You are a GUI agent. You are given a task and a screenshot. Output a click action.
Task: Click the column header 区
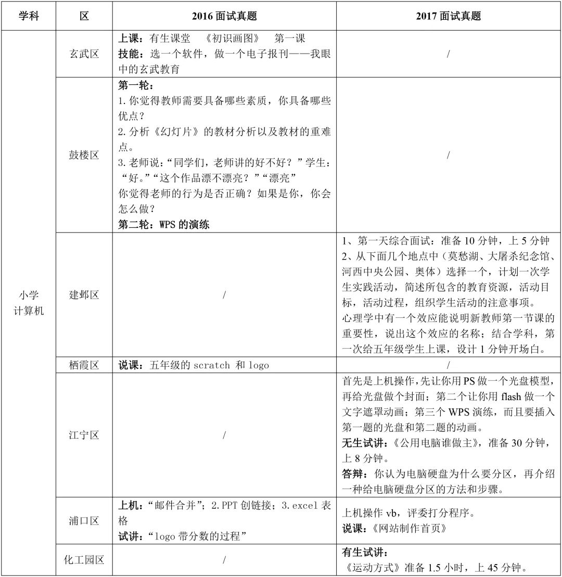[x=84, y=16]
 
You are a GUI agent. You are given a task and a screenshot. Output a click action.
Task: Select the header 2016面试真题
[x=224, y=16]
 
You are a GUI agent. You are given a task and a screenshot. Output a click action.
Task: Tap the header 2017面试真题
[x=448, y=16]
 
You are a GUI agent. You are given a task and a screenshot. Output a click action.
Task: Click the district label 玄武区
[x=84, y=54]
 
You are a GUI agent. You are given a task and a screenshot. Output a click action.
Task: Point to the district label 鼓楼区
[x=84, y=155]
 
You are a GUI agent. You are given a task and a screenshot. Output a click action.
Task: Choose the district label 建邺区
[x=84, y=295]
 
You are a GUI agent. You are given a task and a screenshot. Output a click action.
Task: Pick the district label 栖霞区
[x=84, y=365]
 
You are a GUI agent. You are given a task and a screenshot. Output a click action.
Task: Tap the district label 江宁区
[x=84, y=435]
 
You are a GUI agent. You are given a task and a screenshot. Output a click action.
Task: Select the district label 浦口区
[x=84, y=521]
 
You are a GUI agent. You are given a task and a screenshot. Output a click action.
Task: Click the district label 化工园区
[x=84, y=560]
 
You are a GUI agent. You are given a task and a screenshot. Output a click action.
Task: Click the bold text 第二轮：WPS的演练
[x=164, y=225]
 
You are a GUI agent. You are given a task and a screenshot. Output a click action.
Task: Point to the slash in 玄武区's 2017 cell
[x=448, y=54]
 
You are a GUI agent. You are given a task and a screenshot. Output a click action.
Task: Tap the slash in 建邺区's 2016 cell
[x=224, y=295]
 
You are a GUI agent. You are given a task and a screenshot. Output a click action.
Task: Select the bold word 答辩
[x=354, y=475]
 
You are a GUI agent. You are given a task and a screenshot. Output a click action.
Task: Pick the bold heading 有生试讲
[x=365, y=552]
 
